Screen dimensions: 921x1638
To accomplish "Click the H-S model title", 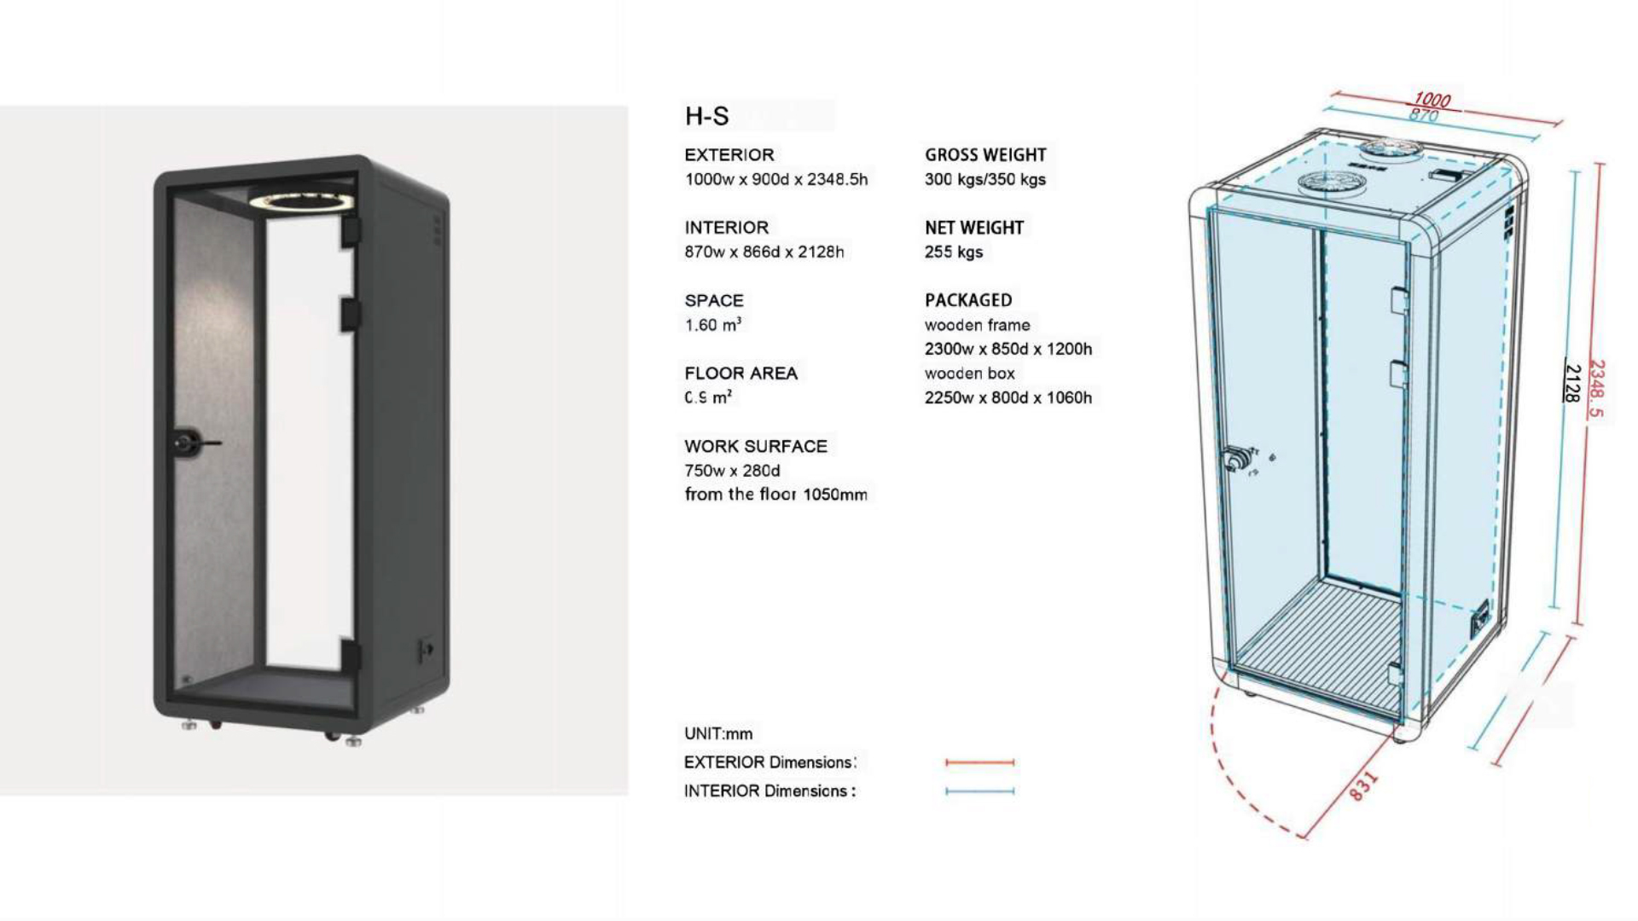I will (707, 116).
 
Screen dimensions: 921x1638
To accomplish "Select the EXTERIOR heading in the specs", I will (729, 155).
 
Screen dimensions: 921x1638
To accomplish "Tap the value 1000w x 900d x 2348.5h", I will (775, 179).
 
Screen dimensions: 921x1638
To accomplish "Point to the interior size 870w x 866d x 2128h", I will (764, 252).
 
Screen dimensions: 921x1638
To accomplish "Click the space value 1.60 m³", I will (712, 325).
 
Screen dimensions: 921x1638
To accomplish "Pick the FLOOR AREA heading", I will (741, 374).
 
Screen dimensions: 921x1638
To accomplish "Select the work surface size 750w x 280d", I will (732, 471).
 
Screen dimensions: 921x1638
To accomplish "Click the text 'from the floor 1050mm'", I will (775, 495).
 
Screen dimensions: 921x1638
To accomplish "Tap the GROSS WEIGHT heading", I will (985, 155).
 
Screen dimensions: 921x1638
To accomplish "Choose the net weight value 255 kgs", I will (953, 252).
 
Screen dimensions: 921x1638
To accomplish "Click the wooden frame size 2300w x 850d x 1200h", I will (1008, 349).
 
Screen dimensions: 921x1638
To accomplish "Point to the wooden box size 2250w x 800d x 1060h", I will (1008, 397).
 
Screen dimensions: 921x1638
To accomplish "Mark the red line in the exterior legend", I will (979, 762).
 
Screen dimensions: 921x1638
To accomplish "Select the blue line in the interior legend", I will (979, 791).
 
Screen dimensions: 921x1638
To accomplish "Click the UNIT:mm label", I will (718, 733).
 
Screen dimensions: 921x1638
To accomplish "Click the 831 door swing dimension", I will (1363, 785).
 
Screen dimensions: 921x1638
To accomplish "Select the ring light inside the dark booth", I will (302, 201).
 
